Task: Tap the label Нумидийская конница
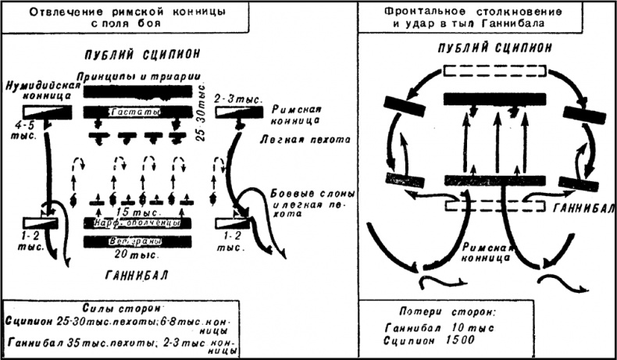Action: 38,89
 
